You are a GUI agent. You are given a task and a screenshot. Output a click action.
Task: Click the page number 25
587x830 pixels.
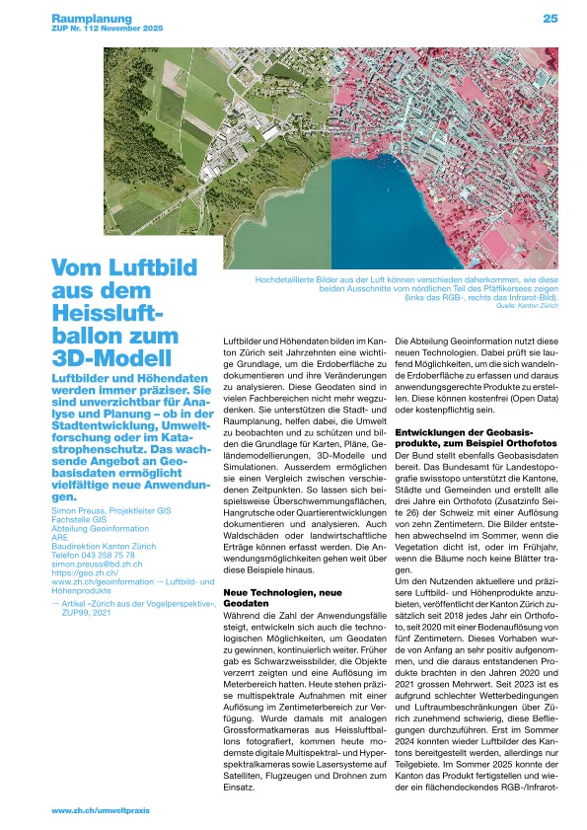[x=550, y=18]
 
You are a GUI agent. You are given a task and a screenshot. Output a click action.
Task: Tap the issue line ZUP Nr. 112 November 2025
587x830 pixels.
[x=107, y=30]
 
